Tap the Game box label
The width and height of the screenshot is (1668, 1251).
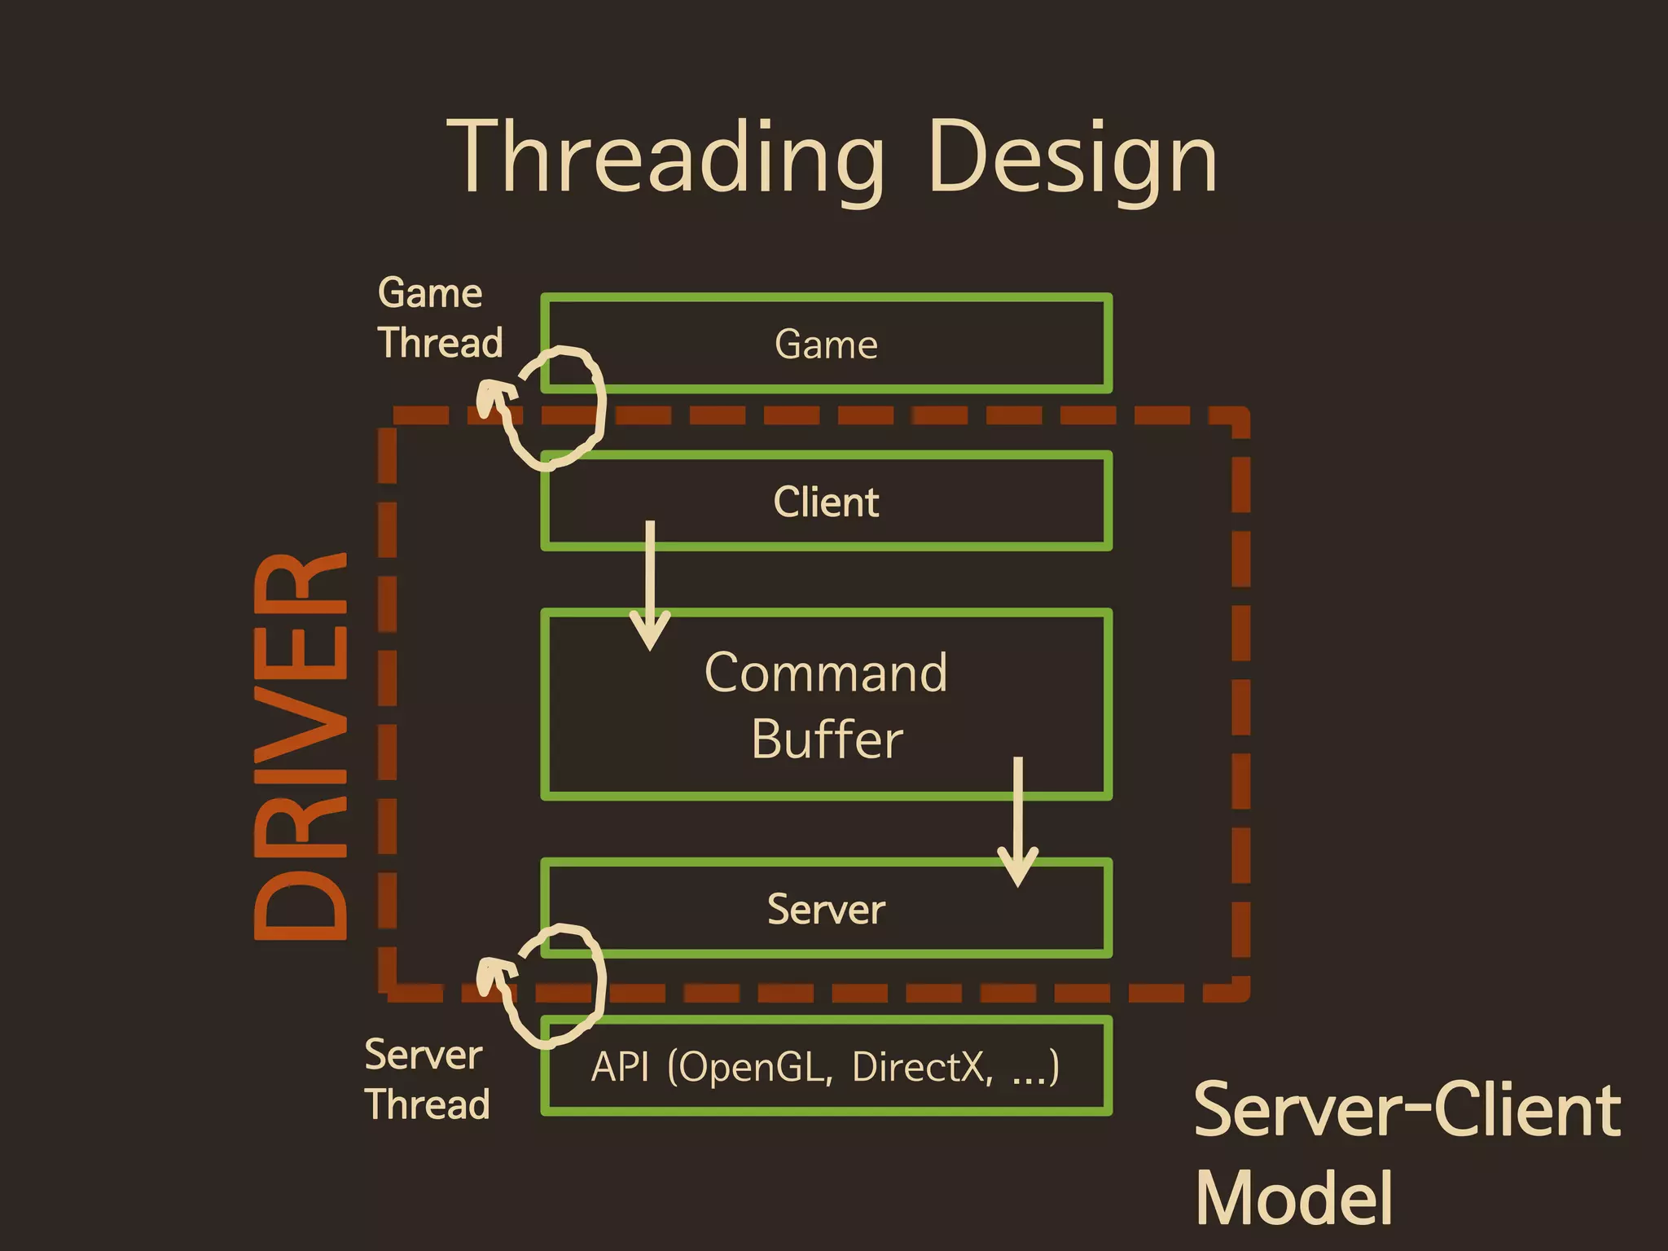(826, 344)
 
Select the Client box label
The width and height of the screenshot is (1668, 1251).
(826, 502)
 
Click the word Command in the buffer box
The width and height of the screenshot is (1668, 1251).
(826, 673)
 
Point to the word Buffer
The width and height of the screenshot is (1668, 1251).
(826, 740)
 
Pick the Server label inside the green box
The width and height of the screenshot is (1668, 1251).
(826, 909)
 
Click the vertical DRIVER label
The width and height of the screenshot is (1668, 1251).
(301, 746)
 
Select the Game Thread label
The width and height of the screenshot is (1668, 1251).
(440, 318)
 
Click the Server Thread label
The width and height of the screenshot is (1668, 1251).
(426, 1080)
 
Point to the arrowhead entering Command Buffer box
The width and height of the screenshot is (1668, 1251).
(650, 631)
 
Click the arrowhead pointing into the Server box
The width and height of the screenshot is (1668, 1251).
(1017, 867)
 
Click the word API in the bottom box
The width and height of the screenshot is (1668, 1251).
(620, 1067)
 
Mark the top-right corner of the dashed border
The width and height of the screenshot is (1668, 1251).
(1240, 416)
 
